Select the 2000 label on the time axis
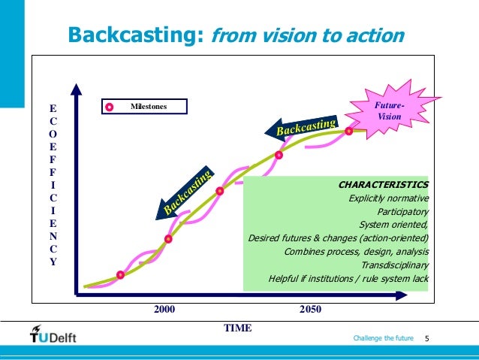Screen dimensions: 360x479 coord(164,310)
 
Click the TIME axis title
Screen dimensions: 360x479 coord(237,328)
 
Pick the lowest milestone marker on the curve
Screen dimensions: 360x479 coord(120,274)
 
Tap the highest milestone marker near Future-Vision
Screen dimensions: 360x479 coord(349,131)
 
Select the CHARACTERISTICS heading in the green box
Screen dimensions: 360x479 coord(383,183)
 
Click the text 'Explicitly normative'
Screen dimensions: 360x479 coord(389,198)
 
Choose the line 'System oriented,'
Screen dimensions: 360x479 coord(394,225)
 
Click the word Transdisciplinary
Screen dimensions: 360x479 coord(395,265)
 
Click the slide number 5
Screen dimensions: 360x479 coord(426,340)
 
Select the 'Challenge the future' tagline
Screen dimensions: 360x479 coord(383,340)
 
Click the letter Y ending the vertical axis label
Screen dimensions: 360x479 coord(52,262)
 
